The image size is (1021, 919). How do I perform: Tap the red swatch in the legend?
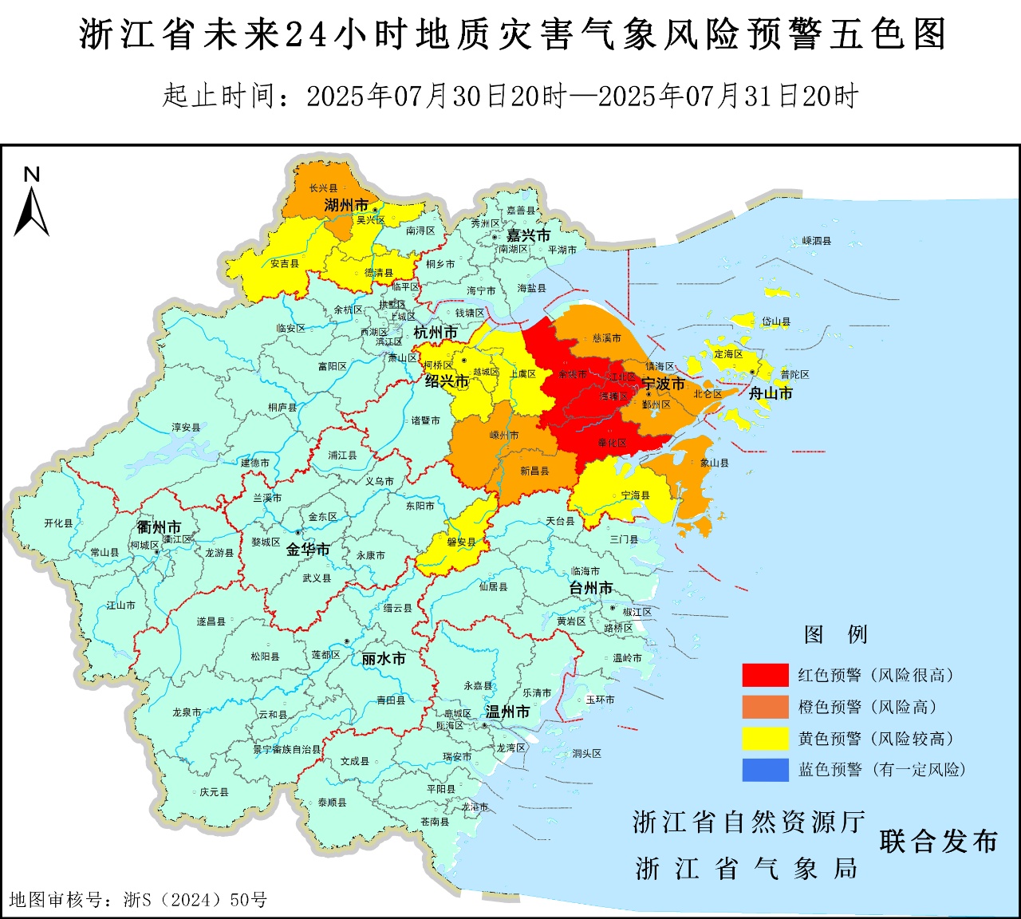pos(765,675)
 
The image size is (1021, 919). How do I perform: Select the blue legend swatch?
pos(765,770)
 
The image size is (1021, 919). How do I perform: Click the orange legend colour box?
pos(765,707)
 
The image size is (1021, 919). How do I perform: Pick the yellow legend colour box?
pos(765,739)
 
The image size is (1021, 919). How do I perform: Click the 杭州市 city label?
pos(436,332)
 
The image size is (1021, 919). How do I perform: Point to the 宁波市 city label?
pos(664,383)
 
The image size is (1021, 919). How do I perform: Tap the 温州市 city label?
pos(508,712)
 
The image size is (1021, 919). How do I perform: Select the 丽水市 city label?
pos(384,658)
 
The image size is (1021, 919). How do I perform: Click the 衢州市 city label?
pos(159,527)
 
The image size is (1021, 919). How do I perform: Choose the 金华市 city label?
pos(308,549)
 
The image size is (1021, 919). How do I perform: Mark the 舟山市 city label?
pos(771,392)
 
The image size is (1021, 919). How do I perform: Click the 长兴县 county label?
pos(323,188)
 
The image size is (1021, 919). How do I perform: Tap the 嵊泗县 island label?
pos(816,240)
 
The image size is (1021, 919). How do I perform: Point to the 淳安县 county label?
pos(186,428)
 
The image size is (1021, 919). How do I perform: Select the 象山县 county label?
pos(714,463)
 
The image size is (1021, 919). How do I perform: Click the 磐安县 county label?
pos(461,542)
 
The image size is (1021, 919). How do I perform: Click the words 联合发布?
pos(938,841)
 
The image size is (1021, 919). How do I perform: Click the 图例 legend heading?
pos(835,634)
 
